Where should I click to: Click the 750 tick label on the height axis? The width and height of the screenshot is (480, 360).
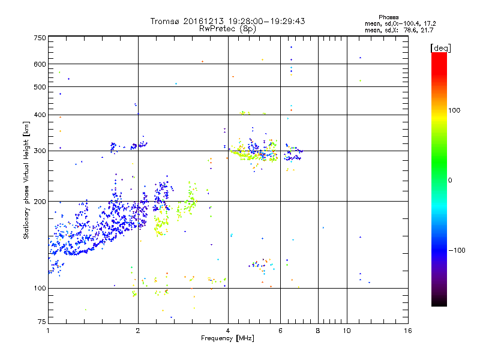40,38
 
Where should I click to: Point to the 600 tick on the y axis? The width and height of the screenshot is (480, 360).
40,64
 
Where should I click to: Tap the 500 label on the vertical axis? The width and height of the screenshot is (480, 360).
40,87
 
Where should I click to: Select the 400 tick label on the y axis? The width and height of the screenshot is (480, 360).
40,115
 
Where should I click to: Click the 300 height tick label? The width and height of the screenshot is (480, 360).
40,151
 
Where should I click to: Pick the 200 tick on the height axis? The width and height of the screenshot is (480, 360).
40,202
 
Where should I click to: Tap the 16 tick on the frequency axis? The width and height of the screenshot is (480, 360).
407,331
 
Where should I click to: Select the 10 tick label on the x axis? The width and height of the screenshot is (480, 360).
346,331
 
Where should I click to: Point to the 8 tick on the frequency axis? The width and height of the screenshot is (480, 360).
318,331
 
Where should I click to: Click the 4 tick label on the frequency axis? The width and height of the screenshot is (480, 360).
228,331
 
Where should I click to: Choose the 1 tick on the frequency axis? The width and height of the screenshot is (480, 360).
48,331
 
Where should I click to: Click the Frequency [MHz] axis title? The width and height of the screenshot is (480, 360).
228,338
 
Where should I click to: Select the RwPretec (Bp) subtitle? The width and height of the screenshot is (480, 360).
228,28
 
